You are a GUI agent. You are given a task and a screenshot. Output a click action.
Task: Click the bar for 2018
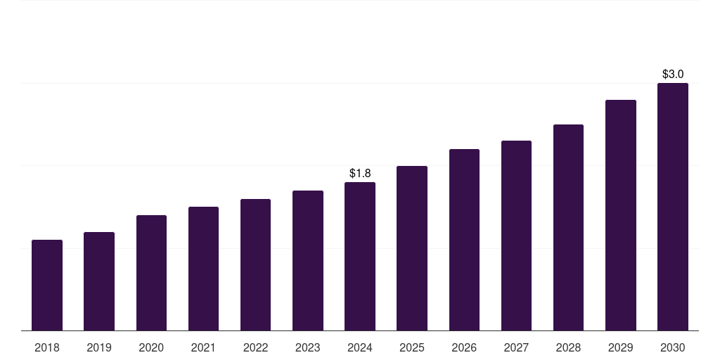pyautogui.click(x=47, y=285)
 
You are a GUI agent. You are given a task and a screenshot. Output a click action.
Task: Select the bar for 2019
pyautogui.click(x=99, y=281)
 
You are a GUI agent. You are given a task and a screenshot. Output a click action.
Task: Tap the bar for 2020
pyautogui.click(x=151, y=273)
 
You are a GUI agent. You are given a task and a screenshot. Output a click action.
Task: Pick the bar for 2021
pyautogui.click(x=203, y=269)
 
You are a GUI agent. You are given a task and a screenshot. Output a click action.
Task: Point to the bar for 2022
pyautogui.click(x=255, y=265)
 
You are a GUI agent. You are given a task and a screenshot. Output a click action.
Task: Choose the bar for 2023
pyautogui.click(x=308, y=261)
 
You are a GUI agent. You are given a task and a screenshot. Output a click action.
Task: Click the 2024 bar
pyautogui.click(x=360, y=257)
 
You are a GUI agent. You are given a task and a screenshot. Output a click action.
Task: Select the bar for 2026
pyautogui.click(x=464, y=240)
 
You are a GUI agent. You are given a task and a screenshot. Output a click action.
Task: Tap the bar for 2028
pyautogui.click(x=568, y=228)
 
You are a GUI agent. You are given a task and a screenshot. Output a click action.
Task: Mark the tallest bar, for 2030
pyautogui.click(x=673, y=207)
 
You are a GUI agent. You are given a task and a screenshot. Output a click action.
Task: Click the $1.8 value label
pyautogui.click(x=360, y=173)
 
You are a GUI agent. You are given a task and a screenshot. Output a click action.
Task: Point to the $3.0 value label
pyautogui.click(x=673, y=74)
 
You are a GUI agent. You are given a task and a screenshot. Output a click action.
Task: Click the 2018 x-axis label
pyautogui.click(x=47, y=347)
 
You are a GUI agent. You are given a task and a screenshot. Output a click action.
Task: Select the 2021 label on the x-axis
pyautogui.click(x=203, y=347)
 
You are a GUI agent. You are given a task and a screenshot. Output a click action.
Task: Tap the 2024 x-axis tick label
pyautogui.click(x=360, y=347)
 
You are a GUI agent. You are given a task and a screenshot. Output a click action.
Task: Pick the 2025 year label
pyautogui.click(x=412, y=347)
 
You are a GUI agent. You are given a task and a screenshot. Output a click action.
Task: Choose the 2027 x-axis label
pyautogui.click(x=516, y=347)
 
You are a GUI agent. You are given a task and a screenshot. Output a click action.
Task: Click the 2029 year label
pyautogui.click(x=621, y=347)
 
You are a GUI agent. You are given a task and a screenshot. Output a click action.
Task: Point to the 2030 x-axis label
pyautogui.click(x=673, y=347)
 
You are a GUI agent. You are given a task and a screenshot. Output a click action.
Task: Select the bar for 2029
pyautogui.click(x=621, y=215)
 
